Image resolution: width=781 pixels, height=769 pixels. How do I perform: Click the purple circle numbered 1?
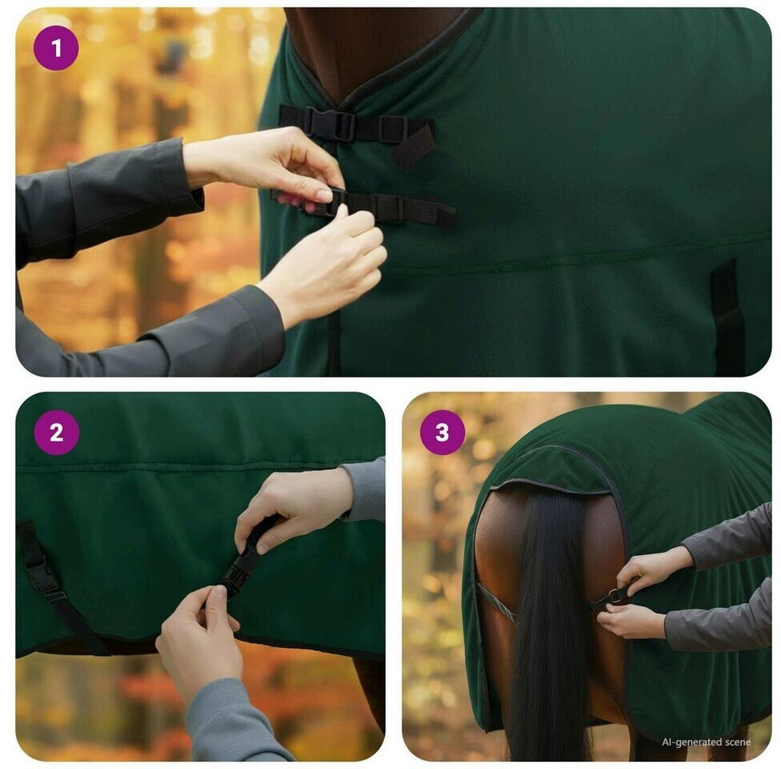56,48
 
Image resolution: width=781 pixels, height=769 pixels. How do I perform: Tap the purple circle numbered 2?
56,433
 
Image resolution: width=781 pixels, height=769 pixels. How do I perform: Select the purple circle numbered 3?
443,433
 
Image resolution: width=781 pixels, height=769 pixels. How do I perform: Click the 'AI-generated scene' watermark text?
706,742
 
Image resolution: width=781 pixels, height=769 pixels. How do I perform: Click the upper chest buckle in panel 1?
330,123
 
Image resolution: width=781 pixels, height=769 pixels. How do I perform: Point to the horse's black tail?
551,623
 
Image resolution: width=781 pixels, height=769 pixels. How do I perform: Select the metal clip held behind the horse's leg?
611,598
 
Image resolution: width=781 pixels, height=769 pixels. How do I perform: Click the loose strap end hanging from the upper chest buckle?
415,145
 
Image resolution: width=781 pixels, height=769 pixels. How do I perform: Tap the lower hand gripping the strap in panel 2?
199,638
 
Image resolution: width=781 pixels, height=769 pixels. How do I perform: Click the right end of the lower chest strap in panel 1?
447,215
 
